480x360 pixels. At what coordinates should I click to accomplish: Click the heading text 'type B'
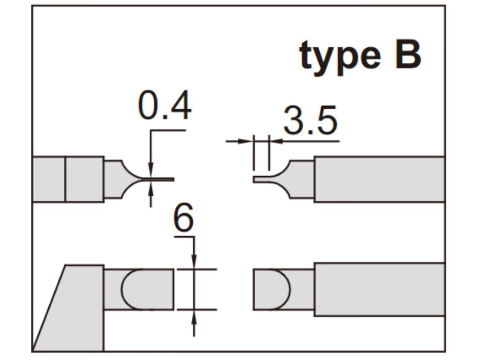[x=360, y=55]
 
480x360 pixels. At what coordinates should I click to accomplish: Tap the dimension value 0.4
[x=165, y=106]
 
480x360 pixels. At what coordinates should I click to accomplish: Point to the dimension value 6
[x=183, y=219]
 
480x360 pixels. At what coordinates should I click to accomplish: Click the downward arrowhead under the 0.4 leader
[x=150, y=172]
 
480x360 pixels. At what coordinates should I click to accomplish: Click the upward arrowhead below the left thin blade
[x=150, y=189]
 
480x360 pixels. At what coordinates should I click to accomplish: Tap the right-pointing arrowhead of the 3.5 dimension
[x=247, y=141]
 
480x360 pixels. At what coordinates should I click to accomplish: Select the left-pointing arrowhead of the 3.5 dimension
[x=275, y=141]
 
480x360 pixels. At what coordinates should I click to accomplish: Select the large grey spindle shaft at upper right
[x=379, y=179]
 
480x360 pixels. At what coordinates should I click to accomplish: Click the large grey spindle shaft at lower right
[x=379, y=289]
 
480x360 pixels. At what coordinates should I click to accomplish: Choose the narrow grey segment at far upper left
[x=49, y=179]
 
